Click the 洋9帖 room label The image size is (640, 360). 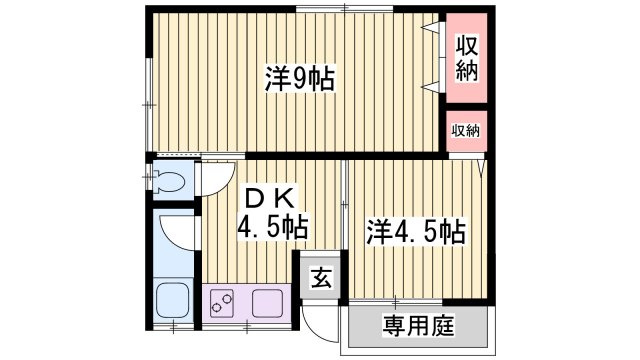(x=299, y=79)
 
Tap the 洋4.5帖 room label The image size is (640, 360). (x=414, y=233)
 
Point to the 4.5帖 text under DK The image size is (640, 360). (x=271, y=227)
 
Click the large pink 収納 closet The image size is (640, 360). (x=466, y=59)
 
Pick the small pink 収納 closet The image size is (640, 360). (x=465, y=131)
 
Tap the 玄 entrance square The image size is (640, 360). (x=318, y=277)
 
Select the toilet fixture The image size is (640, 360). (x=170, y=183)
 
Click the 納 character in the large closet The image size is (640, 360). (x=466, y=71)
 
